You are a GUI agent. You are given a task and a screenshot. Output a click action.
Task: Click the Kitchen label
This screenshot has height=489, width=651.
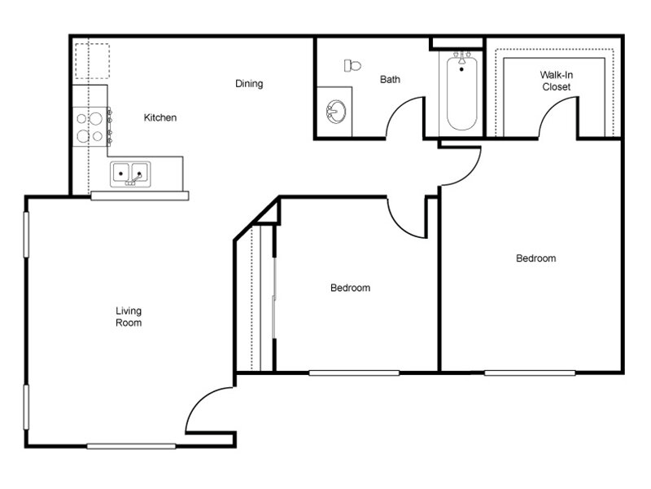[x=160, y=118]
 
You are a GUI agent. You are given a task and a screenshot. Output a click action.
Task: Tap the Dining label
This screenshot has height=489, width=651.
[x=249, y=84]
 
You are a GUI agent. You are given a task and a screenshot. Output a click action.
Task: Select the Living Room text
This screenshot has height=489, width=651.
[x=129, y=317]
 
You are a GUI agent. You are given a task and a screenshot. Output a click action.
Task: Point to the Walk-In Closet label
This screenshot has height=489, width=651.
[x=555, y=81]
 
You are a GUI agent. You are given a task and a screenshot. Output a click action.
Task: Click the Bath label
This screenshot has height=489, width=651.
[x=390, y=80]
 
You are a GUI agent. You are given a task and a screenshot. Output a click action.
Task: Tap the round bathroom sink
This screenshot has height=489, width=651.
[x=335, y=110]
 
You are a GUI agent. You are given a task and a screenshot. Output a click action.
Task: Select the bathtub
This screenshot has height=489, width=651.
[x=461, y=91]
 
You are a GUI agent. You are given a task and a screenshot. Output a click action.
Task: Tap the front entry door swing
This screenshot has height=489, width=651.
[x=208, y=412]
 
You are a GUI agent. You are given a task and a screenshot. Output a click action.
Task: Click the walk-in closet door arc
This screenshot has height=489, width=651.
[x=559, y=118]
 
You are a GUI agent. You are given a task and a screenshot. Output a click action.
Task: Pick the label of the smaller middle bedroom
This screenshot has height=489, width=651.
[x=350, y=288]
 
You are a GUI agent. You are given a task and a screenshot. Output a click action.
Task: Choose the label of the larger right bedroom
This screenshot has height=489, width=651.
[x=536, y=258]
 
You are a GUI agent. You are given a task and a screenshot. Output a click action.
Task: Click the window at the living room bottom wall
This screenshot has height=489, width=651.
[x=131, y=446]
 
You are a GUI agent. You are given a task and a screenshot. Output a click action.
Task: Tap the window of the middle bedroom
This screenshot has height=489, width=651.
[x=354, y=372]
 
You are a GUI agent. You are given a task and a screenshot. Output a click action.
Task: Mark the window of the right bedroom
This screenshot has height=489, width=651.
[x=530, y=372]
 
